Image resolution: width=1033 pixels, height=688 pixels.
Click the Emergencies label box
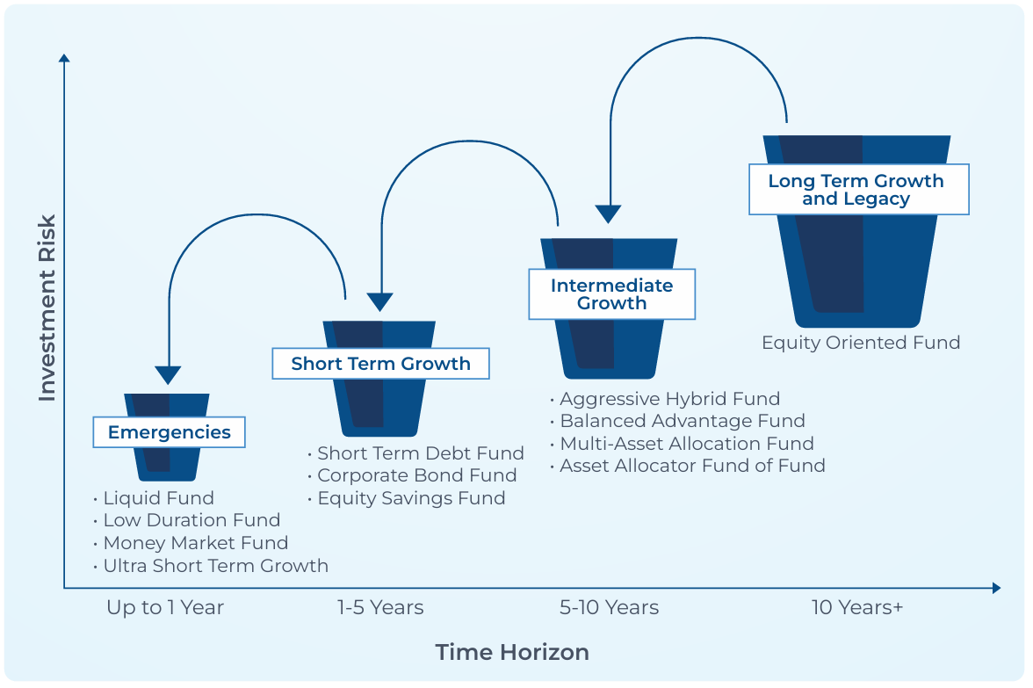[170, 432]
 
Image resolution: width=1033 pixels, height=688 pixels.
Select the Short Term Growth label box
[381, 364]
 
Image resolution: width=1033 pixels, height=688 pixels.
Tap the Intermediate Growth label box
[612, 294]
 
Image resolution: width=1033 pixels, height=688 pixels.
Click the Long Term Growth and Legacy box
[859, 190]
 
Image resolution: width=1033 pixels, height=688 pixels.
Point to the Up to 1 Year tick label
[165, 608]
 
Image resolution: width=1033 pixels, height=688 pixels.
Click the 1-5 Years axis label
[380, 608]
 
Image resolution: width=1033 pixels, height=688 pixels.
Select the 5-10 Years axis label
[610, 608]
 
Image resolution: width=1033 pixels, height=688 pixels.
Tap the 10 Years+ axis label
[857, 608]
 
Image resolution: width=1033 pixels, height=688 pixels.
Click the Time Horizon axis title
[513, 652]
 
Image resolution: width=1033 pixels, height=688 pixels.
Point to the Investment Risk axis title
[47, 308]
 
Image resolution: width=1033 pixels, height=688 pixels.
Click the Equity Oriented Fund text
[861, 343]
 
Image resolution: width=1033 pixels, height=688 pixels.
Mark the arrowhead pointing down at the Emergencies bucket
[168, 375]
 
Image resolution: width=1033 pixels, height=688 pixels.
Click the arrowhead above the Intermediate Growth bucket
[608, 214]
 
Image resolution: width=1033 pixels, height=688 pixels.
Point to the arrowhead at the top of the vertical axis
[64, 58]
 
